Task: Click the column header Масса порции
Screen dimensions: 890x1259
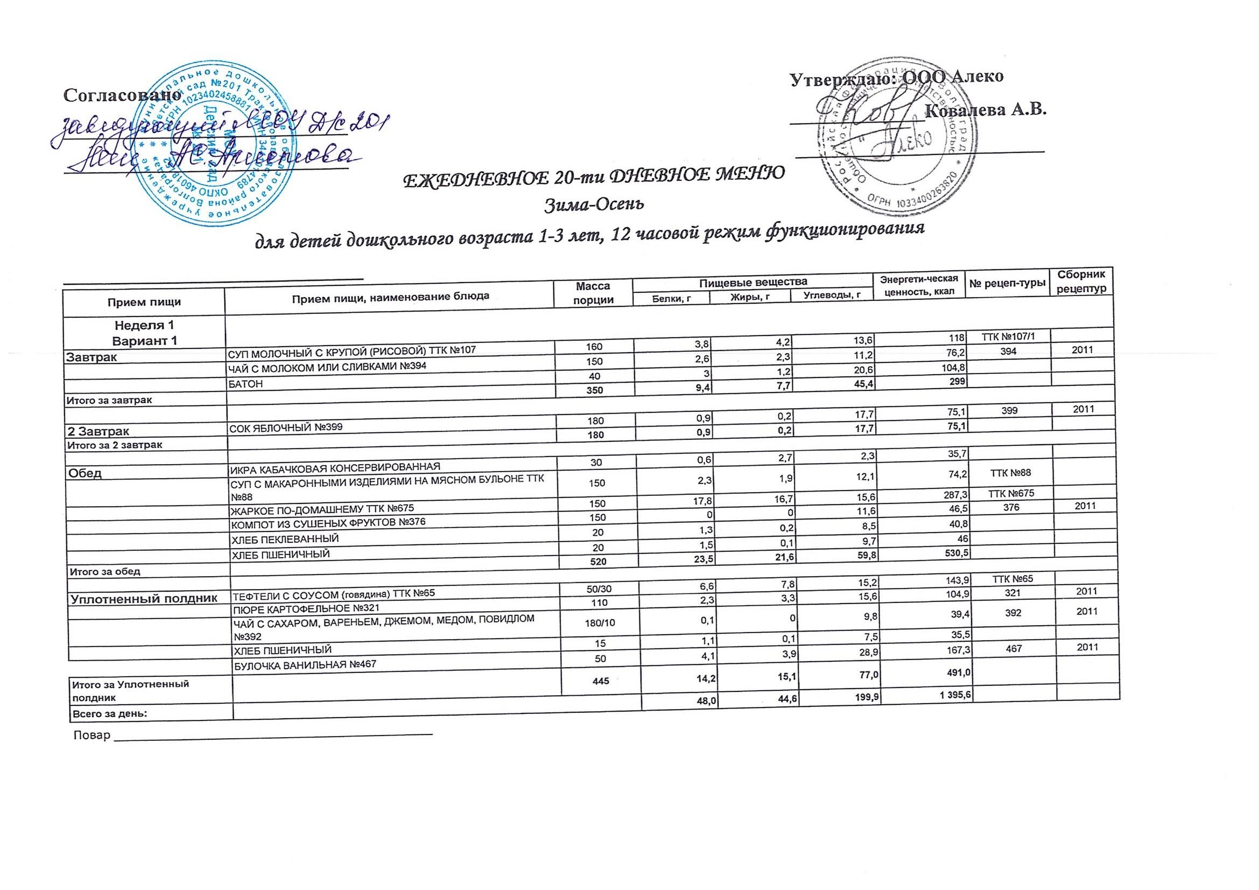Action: (x=594, y=293)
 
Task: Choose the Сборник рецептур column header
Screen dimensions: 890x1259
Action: (x=1081, y=281)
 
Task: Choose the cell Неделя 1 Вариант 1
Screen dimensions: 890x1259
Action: (x=144, y=333)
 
